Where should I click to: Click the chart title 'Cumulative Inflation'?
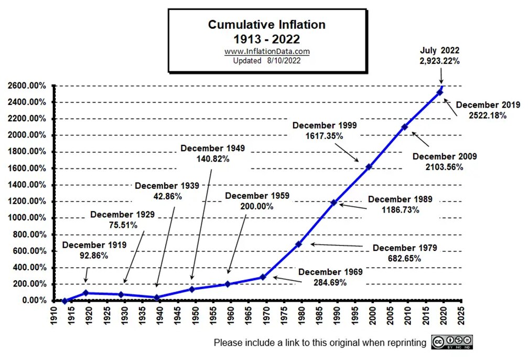tap(267, 25)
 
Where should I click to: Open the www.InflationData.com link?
tap(267, 51)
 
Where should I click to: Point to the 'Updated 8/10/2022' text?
tap(267, 60)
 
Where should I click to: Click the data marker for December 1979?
tap(298, 244)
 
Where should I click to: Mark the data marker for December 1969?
tap(263, 277)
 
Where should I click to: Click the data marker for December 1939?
tap(156, 298)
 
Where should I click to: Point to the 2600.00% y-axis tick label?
tap(27, 86)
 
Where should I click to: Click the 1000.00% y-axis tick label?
tap(27, 218)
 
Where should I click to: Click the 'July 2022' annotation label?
tap(440, 51)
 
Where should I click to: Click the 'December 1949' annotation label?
tap(212, 149)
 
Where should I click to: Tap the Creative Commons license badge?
tap(452, 342)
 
